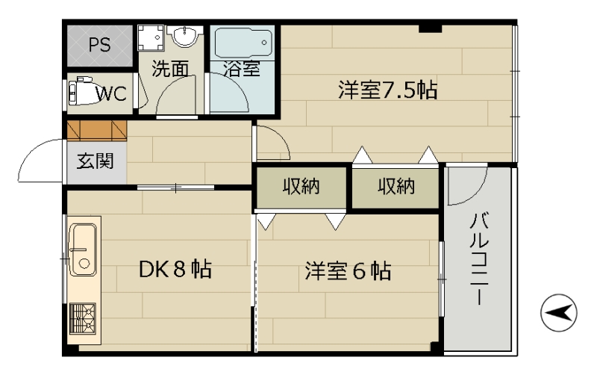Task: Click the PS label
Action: coord(100,45)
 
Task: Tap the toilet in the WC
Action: coord(81,91)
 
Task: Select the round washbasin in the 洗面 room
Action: coord(185,36)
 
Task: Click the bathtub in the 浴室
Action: coord(243,43)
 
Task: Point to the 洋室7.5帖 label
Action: coord(387,90)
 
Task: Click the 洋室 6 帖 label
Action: coord(348,270)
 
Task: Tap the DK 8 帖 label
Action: coord(175,269)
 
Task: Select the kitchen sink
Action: coord(82,250)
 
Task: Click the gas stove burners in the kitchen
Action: coord(82,319)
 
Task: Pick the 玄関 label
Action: coord(96,161)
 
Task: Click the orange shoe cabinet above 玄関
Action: coord(97,131)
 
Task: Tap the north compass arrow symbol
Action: coord(558,312)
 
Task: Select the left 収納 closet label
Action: coord(301,187)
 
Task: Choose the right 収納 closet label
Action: coord(396,187)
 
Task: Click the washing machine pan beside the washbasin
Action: coord(151,38)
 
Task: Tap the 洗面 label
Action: coord(170,69)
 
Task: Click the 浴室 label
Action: coord(241,69)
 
